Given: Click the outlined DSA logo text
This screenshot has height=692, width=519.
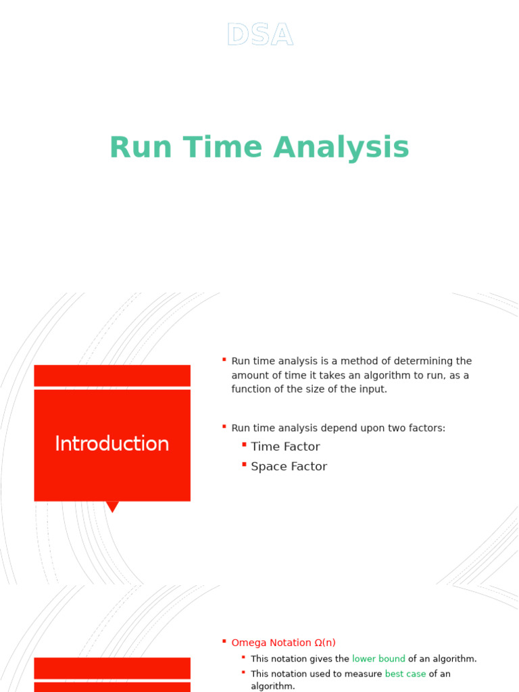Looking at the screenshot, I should tap(259, 35).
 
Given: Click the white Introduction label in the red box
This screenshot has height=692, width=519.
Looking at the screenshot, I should tap(112, 444).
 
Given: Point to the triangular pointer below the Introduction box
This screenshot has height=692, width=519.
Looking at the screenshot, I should tap(112, 506).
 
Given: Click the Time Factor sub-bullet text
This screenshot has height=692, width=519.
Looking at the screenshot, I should tap(285, 447).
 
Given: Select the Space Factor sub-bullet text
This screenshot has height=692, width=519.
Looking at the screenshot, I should tap(289, 467).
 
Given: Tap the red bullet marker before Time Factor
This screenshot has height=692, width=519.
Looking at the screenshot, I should tap(244, 445).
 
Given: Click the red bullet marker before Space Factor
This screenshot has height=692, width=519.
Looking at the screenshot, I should tap(244, 465).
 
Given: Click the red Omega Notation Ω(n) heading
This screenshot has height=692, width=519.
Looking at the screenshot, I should tap(283, 643).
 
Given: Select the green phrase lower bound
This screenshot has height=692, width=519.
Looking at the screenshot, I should tap(378, 659).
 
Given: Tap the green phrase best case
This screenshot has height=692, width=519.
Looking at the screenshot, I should tap(405, 674).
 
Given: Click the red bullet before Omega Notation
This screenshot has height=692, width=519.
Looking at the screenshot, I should tap(224, 641).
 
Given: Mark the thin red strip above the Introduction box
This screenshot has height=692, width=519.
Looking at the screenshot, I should tap(112, 376).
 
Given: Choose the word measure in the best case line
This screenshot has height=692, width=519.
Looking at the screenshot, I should tap(364, 674).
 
